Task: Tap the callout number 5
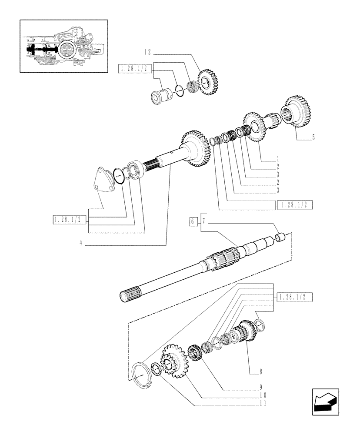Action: [x=313, y=138]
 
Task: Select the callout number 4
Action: [x=81, y=244]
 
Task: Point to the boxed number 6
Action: [x=192, y=222]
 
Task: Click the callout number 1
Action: [x=277, y=158]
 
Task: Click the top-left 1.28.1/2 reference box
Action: [x=134, y=68]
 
